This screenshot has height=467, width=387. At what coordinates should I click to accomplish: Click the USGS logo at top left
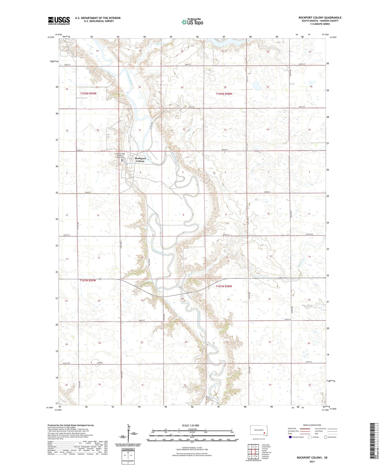coord(59,21)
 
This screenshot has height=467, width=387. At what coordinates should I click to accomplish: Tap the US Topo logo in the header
coord(192,22)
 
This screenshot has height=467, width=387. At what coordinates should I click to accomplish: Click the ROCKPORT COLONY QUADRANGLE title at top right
coord(320,18)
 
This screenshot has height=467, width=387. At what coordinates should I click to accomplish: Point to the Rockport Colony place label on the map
coord(140,160)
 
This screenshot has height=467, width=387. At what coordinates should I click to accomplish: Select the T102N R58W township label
coord(224,94)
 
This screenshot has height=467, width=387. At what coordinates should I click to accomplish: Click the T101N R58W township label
coord(224,286)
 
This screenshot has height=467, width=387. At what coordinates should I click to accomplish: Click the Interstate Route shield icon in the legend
coord(291,437)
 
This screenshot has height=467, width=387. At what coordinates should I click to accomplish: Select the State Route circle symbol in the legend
coord(326,437)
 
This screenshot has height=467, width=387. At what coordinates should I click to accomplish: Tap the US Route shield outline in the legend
coord(310,437)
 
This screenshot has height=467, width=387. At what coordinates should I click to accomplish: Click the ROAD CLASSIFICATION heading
coord(312,425)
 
